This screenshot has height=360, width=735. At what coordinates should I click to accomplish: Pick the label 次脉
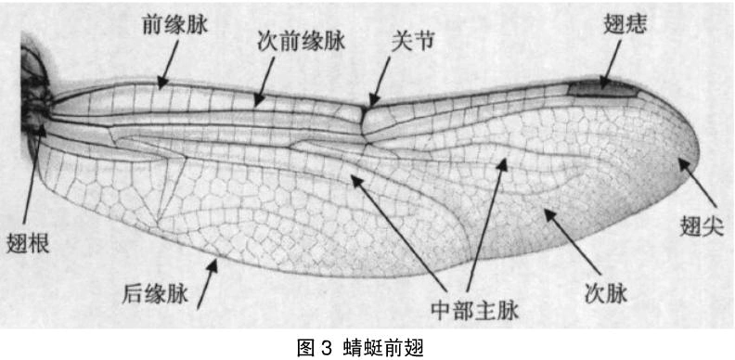point(606,295)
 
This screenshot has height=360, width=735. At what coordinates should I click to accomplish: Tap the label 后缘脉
point(155,295)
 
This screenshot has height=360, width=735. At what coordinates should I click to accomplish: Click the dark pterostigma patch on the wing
point(601,89)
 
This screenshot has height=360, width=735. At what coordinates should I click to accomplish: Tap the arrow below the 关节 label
point(380,82)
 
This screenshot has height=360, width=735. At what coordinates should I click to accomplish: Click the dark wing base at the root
point(34,93)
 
